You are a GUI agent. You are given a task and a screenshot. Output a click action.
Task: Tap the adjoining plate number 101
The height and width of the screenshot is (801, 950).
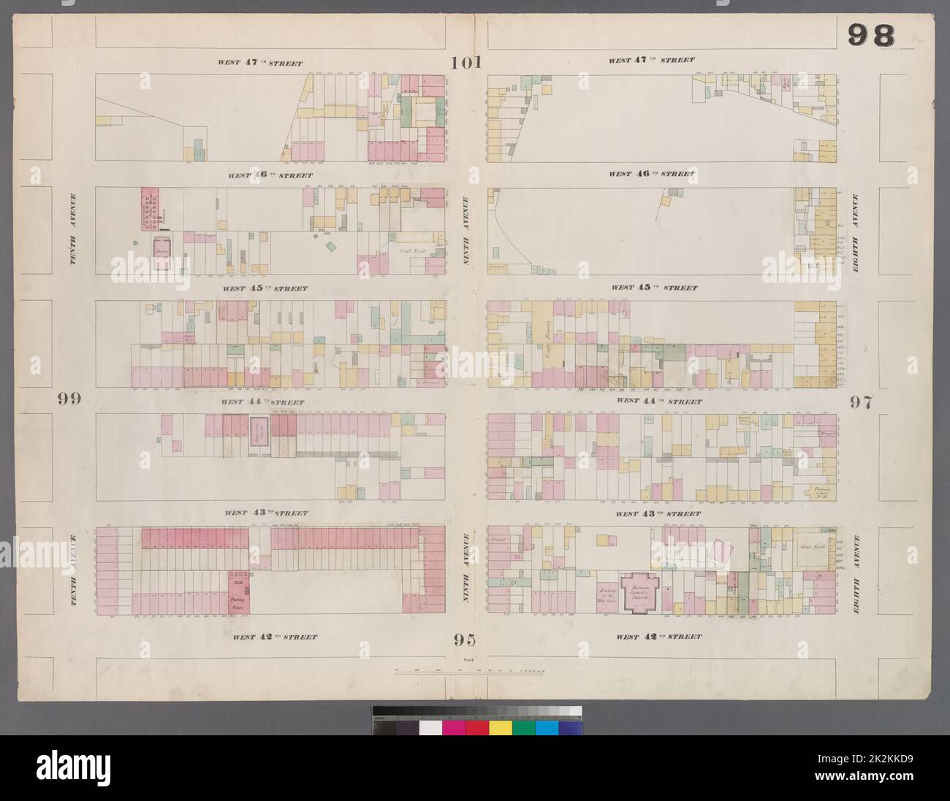(466, 63)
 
